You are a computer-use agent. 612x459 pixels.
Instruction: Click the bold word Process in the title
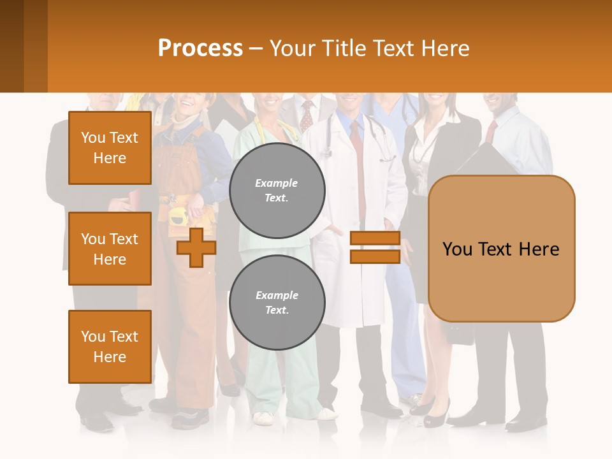(200, 48)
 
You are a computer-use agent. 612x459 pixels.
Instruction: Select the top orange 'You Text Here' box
(110, 148)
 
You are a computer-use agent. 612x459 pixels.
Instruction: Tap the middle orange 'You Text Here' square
(110, 249)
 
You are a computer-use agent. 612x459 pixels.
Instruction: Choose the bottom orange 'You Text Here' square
(110, 347)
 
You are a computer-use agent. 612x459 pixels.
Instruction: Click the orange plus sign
(196, 247)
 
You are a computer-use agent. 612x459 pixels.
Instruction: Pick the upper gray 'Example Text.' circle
(277, 191)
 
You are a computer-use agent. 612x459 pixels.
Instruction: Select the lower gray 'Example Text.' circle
(277, 303)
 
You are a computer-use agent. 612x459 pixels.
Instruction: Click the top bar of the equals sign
(375, 238)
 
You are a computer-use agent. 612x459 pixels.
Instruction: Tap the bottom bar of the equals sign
(375, 256)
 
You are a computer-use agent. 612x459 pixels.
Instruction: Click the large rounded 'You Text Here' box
(501, 249)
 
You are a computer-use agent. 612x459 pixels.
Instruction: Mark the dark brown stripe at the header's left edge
(11, 46)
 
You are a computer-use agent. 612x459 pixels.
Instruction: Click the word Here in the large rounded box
(539, 249)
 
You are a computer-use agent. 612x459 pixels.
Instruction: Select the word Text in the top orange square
(124, 138)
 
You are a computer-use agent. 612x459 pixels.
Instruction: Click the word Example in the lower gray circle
(277, 295)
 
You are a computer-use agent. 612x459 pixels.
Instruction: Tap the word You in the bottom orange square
(93, 337)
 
